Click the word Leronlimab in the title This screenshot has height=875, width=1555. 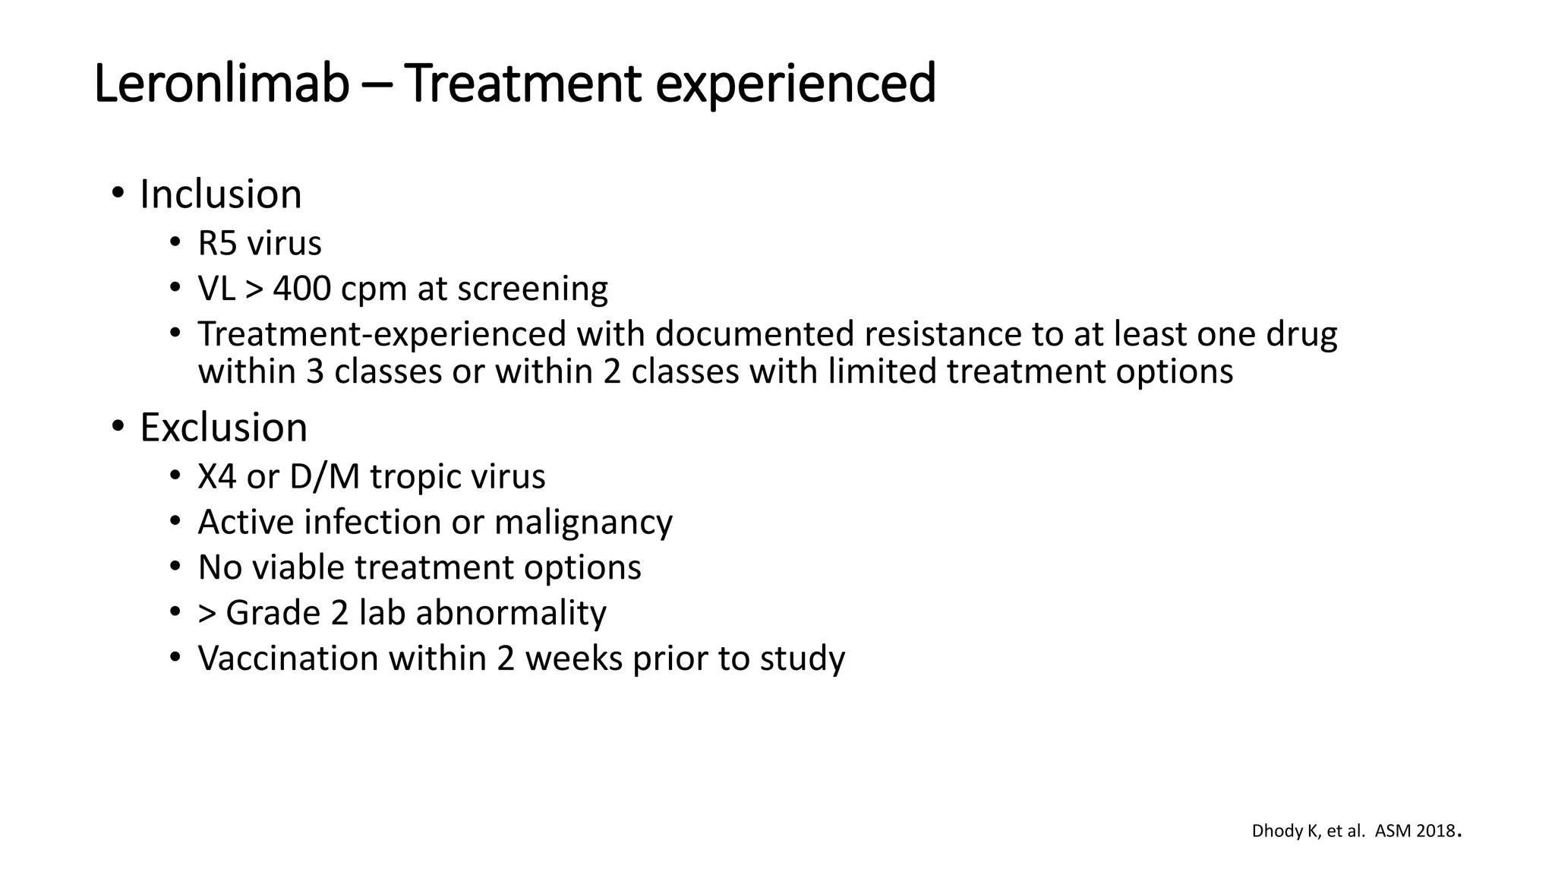pos(221,84)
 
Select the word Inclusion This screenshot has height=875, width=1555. pos(220,194)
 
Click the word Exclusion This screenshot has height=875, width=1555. pos(223,428)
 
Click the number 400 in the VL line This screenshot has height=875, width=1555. pos(301,289)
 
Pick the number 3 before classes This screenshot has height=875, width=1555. pos(314,372)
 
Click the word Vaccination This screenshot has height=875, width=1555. pos(288,659)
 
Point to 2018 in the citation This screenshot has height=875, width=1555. pos(1437,831)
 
